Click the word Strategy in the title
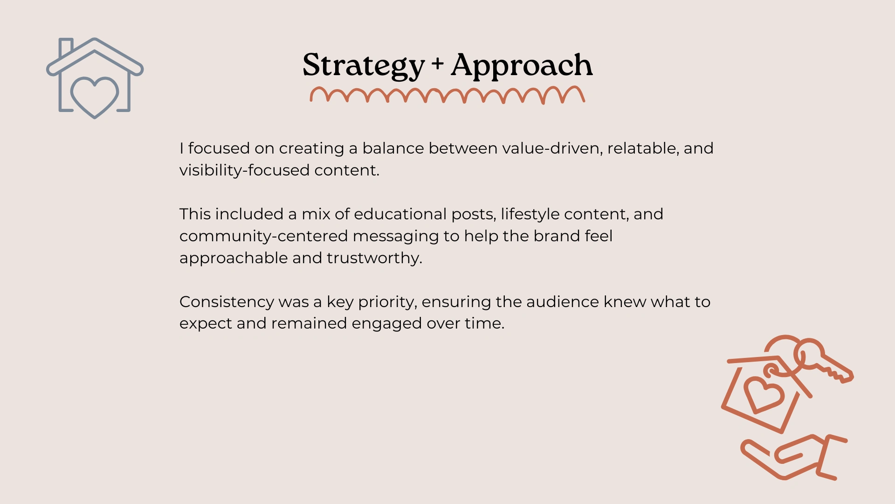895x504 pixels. (x=364, y=65)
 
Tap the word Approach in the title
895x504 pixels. (x=522, y=65)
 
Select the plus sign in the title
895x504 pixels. (x=437, y=63)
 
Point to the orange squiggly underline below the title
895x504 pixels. (x=447, y=95)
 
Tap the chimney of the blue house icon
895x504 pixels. (x=66, y=47)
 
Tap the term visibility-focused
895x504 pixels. (x=244, y=170)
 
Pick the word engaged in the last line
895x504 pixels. (x=386, y=324)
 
